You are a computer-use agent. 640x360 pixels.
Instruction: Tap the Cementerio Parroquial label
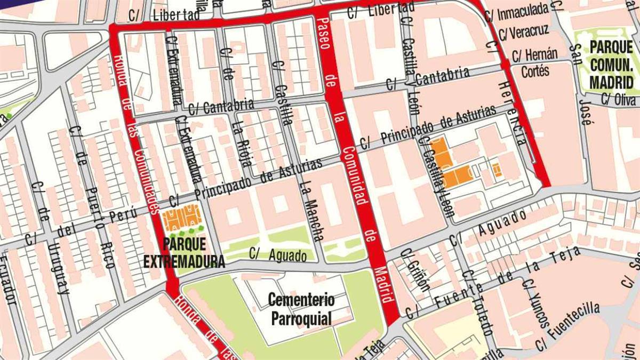click(x=301, y=309)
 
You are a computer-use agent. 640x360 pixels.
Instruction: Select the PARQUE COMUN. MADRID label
click(x=611, y=65)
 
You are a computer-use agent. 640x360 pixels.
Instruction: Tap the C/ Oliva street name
click(x=619, y=100)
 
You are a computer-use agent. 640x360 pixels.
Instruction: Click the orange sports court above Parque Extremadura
click(x=181, y=218)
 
